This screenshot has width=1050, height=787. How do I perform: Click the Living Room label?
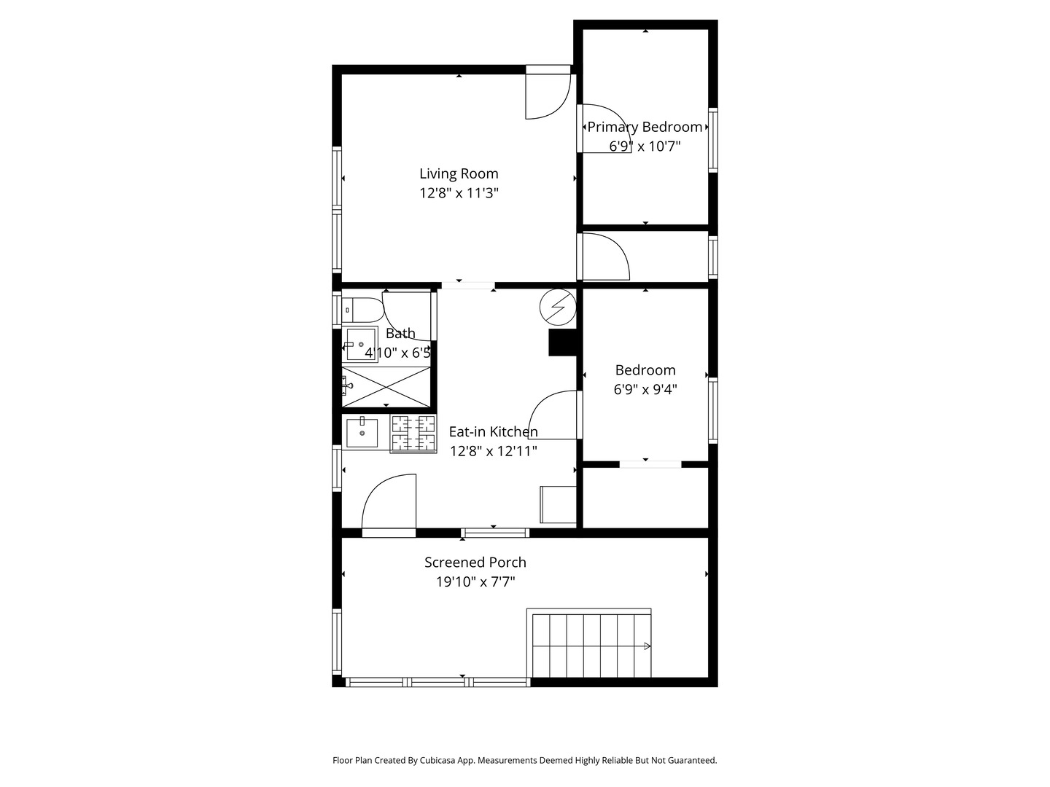point(458,173)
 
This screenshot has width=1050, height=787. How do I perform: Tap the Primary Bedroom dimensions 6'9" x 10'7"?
point(645,146)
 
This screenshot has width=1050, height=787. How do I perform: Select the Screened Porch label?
point(475,563)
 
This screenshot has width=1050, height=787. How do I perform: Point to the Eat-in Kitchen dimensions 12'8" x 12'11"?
point(493,451)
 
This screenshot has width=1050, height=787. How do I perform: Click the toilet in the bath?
point(363,310)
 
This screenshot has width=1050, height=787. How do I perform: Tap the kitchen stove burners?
point(413,434)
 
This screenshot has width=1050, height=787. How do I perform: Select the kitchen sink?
point(362,432)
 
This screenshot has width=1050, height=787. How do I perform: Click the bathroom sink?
point(360,344)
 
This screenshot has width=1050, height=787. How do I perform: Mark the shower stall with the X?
point(386,387)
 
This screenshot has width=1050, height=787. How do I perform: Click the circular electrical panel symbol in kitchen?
point(557,307)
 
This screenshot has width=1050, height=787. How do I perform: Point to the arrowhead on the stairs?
point(647,646)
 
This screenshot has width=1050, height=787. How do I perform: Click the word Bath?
point(400,333)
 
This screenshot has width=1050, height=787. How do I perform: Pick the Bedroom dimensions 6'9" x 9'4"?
point(645,389)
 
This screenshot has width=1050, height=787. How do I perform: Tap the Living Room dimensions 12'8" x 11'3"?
point(459,193)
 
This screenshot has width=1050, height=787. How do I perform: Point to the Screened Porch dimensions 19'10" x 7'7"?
point(475,582)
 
